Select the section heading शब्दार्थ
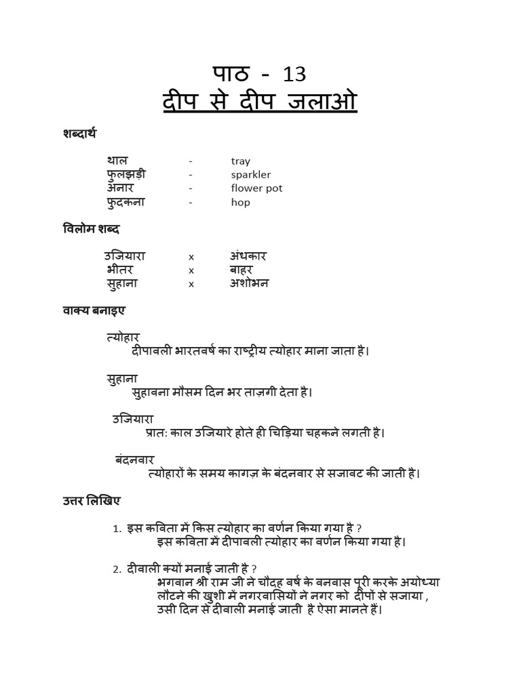click(79, 134)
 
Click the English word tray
click(240, 161)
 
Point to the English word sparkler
click(250, 175)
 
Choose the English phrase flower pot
click(256, 188)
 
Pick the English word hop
click(240, 202)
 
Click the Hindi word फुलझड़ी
click(126, 174)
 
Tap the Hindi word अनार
click(120, 188)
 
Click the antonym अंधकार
click(248, 256)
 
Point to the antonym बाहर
click(241, 270)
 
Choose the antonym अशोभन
click(249, 283)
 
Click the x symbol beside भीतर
click(191, 270)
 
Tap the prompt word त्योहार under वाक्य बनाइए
click(123, 337)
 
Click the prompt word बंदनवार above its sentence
click(134, 460)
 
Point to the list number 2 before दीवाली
click(116, 569)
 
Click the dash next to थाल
click(191, 161)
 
